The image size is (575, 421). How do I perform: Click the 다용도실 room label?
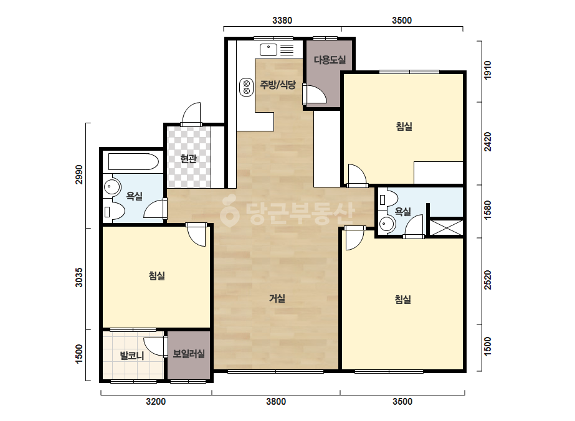pos(330,60)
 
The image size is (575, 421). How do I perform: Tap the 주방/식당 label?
pos(278,85)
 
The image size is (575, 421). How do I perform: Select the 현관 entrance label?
pos(189,159)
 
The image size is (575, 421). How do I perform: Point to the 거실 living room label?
pos(277,298)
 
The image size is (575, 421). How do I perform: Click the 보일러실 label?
pos(189,354)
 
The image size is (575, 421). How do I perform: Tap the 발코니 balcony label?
pos(132,356)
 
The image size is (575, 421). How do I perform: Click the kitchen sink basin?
pos(268,49)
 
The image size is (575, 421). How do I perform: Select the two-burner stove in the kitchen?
pos(247,87)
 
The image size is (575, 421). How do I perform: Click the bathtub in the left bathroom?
pos(133,162)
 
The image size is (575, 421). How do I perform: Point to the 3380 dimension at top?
pos(282,21)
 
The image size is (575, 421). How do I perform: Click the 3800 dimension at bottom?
pos(276,402)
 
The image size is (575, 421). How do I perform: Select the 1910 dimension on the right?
pos(487,70)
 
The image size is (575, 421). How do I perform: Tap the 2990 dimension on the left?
pos(79,174)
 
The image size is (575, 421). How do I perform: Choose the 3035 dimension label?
pos(79,277)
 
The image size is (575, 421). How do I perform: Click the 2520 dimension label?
pos(487,280)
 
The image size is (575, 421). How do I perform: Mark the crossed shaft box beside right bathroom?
pos(446,228)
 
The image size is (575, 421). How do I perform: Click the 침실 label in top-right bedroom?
pos(404,126)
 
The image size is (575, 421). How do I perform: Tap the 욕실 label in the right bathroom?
pos(402,212)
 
